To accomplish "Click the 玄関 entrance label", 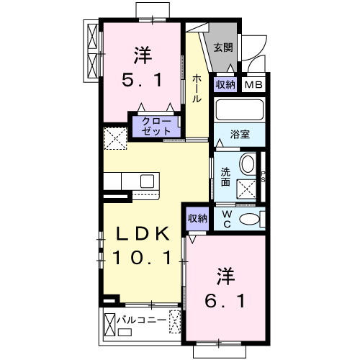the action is (223, 48).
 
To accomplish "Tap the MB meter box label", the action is (253, 85).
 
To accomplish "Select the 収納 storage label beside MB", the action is (225, 84).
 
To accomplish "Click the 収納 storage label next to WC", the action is (197, 218).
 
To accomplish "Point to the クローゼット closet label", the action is (156, 126).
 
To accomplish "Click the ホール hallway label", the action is (197, 89).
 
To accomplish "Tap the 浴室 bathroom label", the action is (240, 135).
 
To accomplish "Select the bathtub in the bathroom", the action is (240, 109).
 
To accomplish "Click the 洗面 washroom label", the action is (225, 177).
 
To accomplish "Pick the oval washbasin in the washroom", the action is (247, 164).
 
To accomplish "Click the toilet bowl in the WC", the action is (250, 219).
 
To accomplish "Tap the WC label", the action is (227, 219).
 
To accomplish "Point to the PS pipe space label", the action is (263, 176).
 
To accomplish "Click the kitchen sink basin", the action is (147, 181).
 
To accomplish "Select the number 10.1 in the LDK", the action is (142, 258).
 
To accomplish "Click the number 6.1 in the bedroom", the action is (225, 301).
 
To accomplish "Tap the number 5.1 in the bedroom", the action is (143, 80).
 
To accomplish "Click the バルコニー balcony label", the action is (142, 320).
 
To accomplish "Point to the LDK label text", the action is (143, 233).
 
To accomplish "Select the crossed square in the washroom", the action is (246, 189).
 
